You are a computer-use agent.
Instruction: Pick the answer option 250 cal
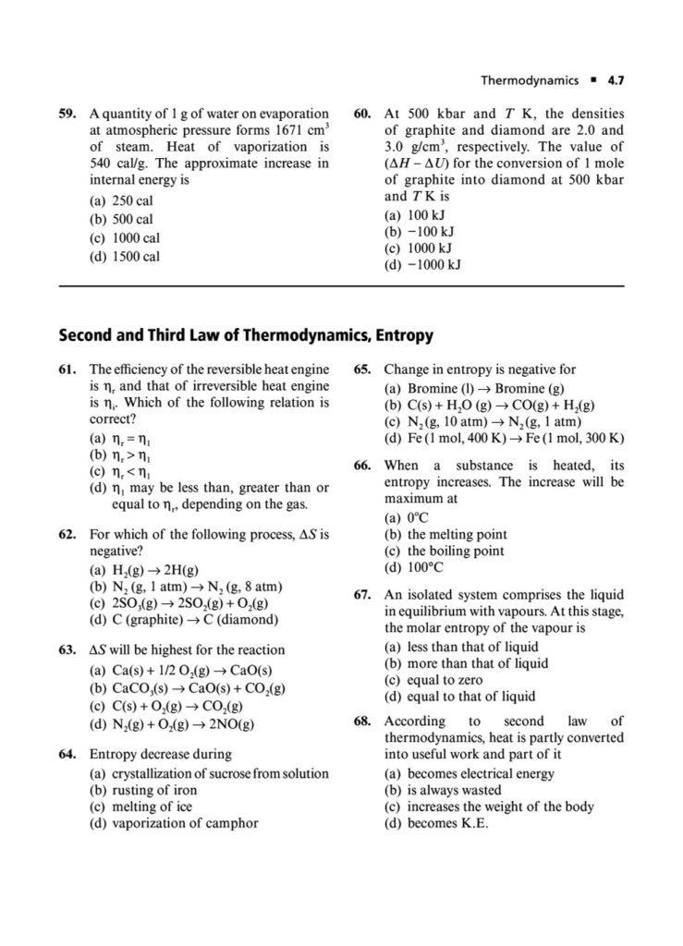click(x=131, y=201)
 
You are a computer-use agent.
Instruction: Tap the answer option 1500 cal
click(x=134, y=256)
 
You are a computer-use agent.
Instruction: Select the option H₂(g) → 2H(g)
click(x=149, y=570)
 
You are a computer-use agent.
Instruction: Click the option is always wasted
click(x=442, y=790)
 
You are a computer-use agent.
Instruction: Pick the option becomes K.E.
click(x=435, y=823)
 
